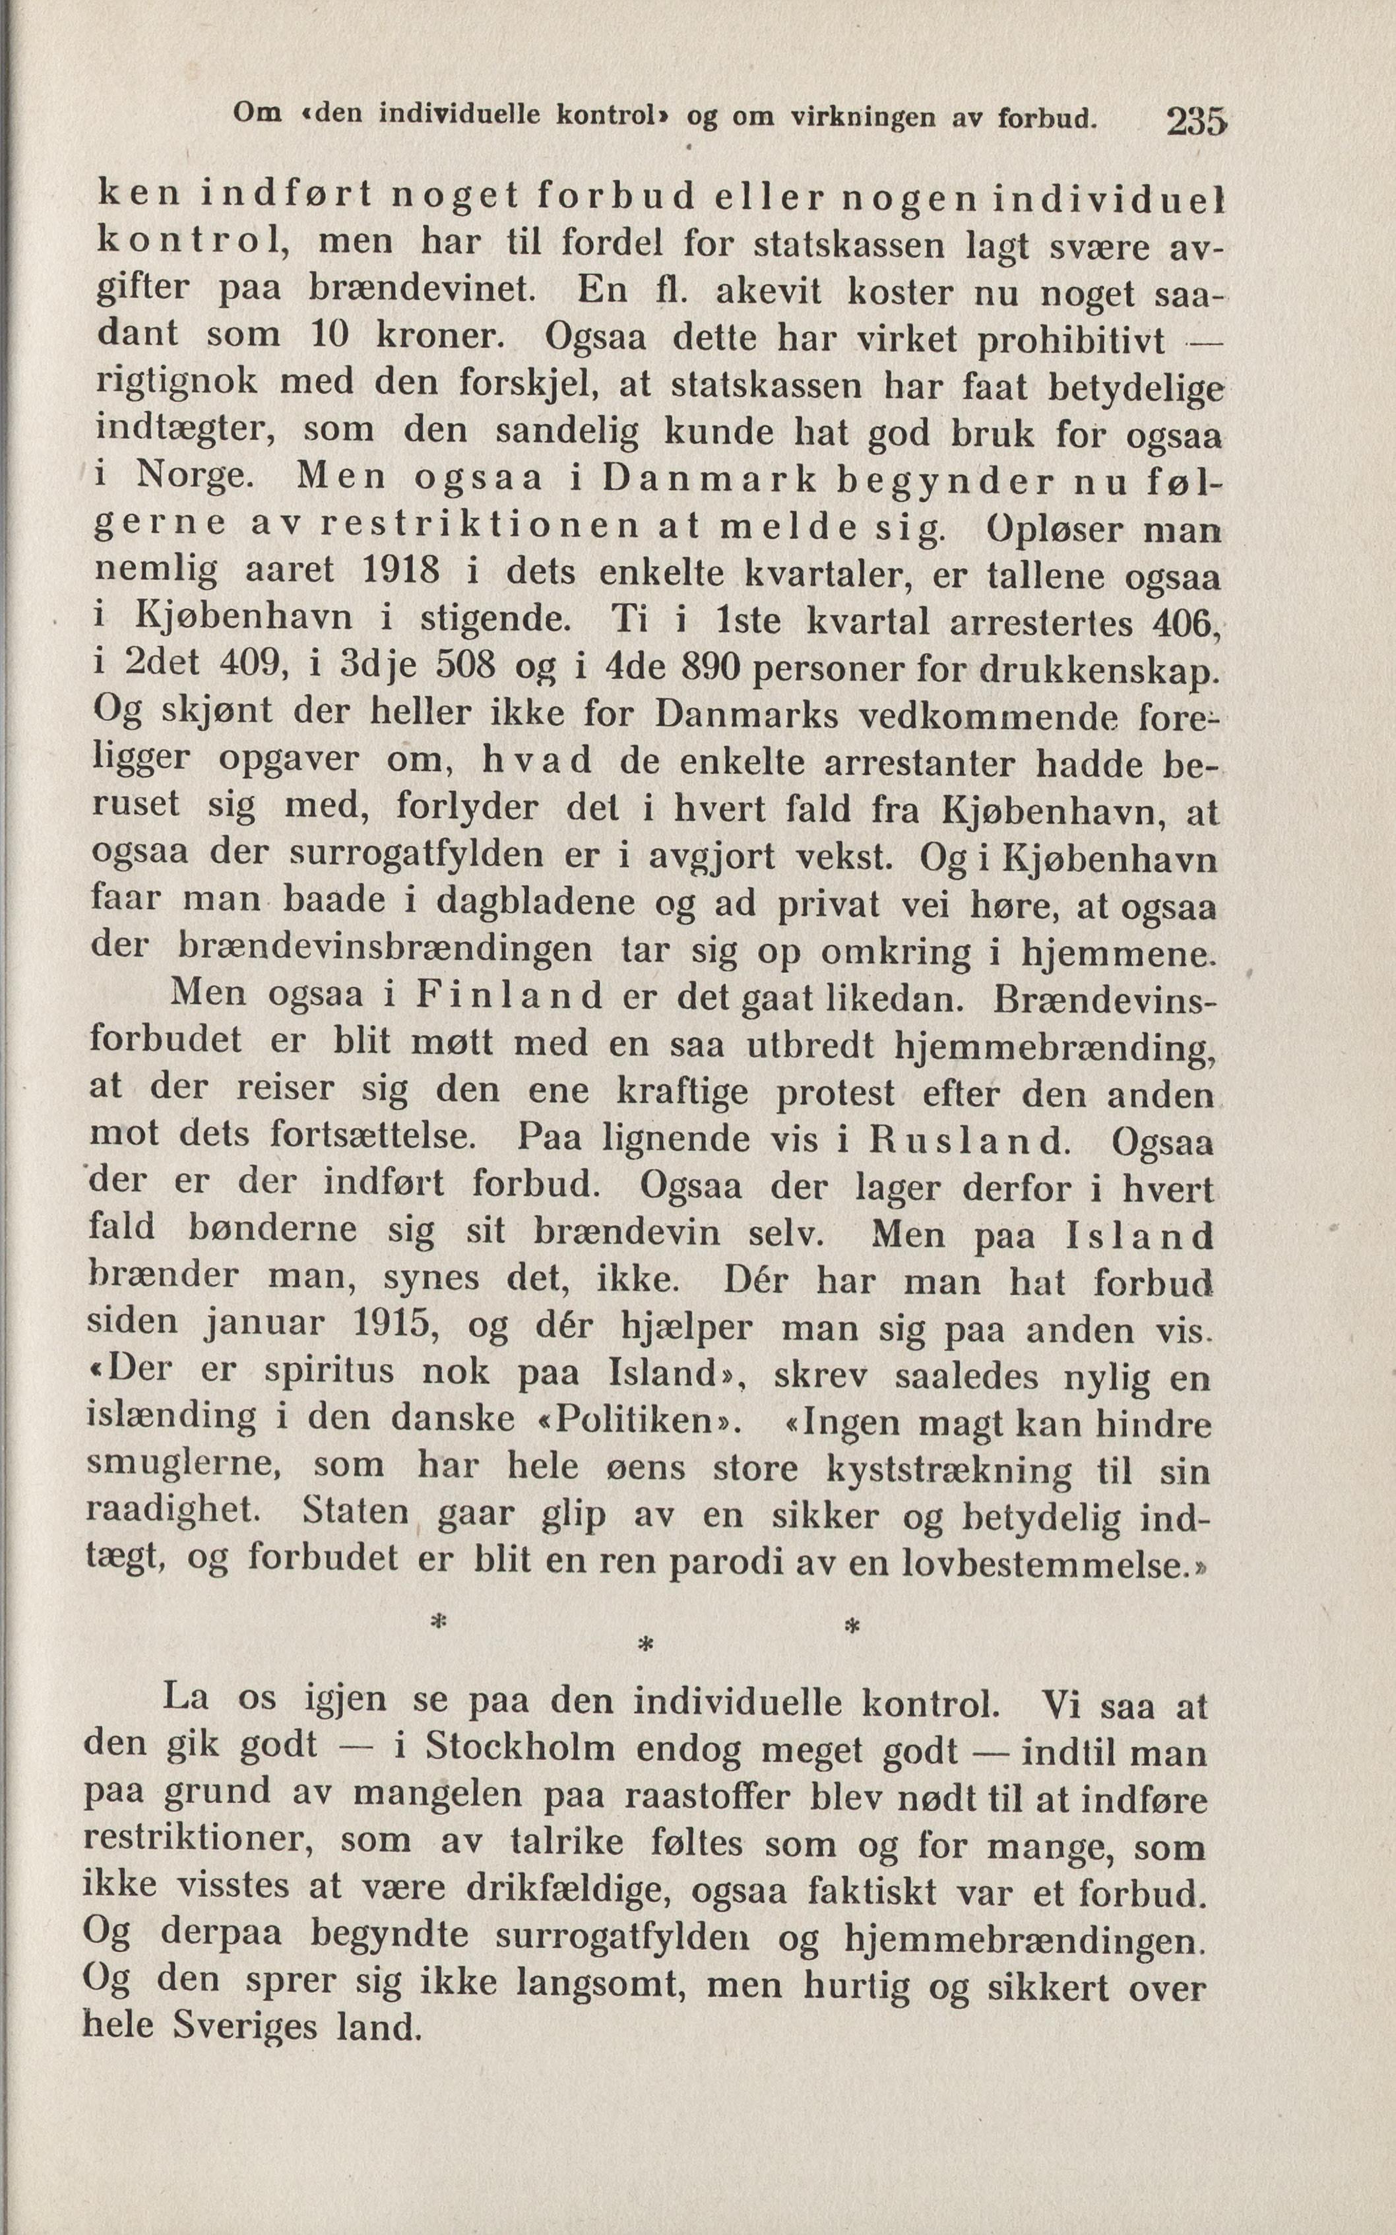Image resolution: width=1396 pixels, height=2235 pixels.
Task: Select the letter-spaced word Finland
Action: click(x=509, y=996)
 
